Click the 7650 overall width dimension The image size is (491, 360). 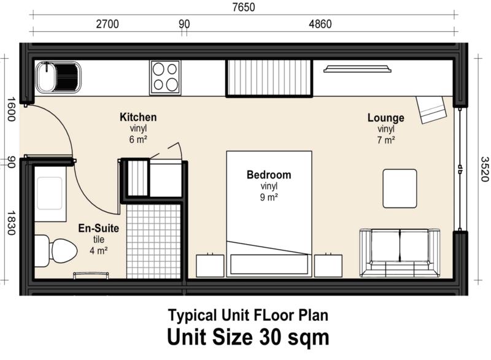(x=244, y=7)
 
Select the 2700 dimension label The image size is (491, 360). (x=107, y=24)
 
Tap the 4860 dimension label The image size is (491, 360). (x=320, y=24)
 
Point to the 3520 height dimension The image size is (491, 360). (x=484, y=169)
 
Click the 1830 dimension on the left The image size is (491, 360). (x=11, y=223)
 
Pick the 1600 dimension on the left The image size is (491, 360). (x=11, y=109)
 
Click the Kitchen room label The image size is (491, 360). (x=138, y=117)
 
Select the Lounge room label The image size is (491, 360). (x=386, y=118)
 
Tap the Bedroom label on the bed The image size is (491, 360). (x=269, y=175)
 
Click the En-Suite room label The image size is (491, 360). (x=99, y=228)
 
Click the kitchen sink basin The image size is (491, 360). (x=58, y=77)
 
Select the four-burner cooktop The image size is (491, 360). (x=165, y=77)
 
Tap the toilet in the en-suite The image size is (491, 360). (x=55, y=251)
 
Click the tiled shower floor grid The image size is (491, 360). (x=154, y=241)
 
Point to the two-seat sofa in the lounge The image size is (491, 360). (x=400, y=253)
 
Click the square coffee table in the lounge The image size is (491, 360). (x=400, y=189)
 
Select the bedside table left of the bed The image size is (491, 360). (x=210, y=265)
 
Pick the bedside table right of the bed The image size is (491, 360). (x=328, y=265)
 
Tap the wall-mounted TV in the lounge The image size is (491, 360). (x=357, y=69)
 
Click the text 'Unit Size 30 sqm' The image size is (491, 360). (x=249, y=337)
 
